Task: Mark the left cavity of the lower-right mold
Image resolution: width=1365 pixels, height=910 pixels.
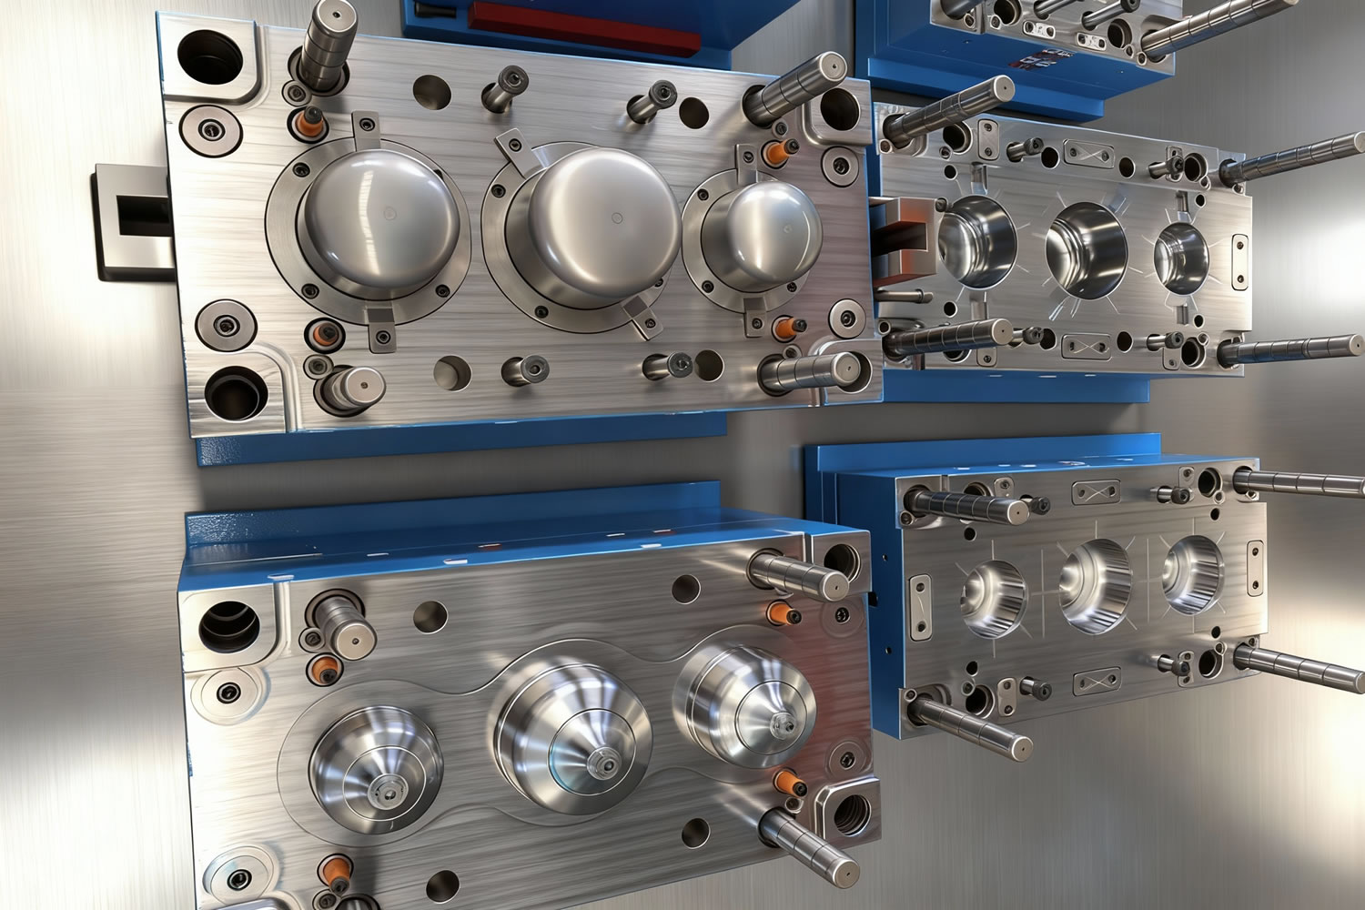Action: pyautogui.click(x=992, y=595)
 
